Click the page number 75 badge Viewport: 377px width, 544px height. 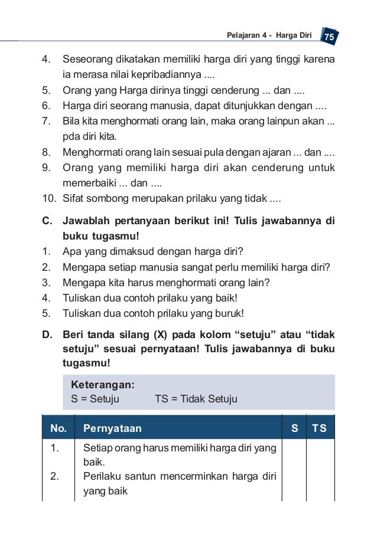tap(330, 37)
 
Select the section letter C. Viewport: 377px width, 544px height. tap(47, 221)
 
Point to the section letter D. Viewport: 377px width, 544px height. tap(47, 335)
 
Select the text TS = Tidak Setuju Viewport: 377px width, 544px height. tap(196, 399)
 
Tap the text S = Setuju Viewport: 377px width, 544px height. tap(95, 399)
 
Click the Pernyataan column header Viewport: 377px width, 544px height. tap(112, 428)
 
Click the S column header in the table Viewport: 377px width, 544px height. tap(294, 428)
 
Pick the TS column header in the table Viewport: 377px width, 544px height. tap(320, 428)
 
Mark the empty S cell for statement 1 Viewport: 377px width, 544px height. tap(294, 455)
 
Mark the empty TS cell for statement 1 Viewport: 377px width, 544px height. tap(320, 455)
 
